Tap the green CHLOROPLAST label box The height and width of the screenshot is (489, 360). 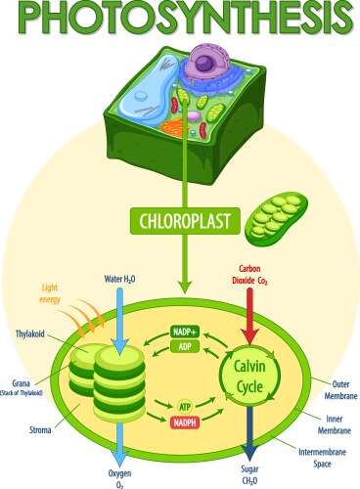(181, 218)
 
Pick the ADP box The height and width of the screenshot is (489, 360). (184, 346)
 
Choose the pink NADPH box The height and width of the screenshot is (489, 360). (184, 422)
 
